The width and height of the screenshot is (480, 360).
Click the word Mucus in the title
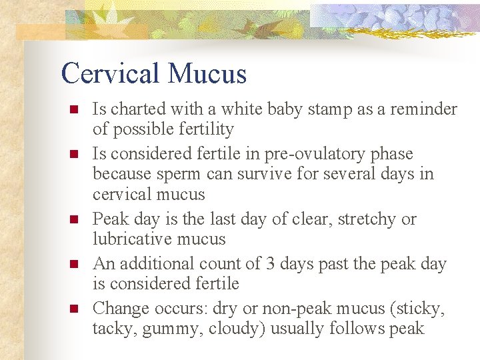coord(208,73)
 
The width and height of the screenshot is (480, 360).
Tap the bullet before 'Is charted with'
coord(74,109)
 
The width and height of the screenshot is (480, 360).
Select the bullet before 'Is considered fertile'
coord(74,154)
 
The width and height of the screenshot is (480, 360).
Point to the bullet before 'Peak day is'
coord(74,219)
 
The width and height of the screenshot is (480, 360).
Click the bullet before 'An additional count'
coord(74,264)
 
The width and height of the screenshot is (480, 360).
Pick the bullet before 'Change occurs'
coord(74,309)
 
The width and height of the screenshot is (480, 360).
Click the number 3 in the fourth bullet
coord(270,264)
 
